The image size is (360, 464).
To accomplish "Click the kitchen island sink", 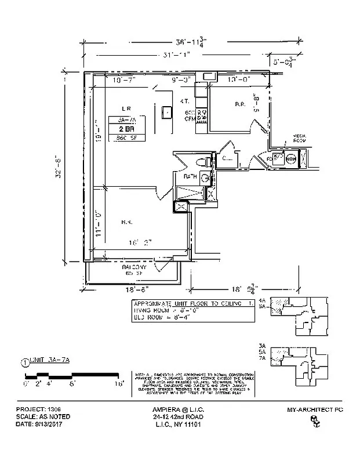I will click(167, 111).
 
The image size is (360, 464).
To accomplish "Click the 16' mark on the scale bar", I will click(118, 383).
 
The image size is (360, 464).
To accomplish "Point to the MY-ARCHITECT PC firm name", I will click(315, 409).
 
